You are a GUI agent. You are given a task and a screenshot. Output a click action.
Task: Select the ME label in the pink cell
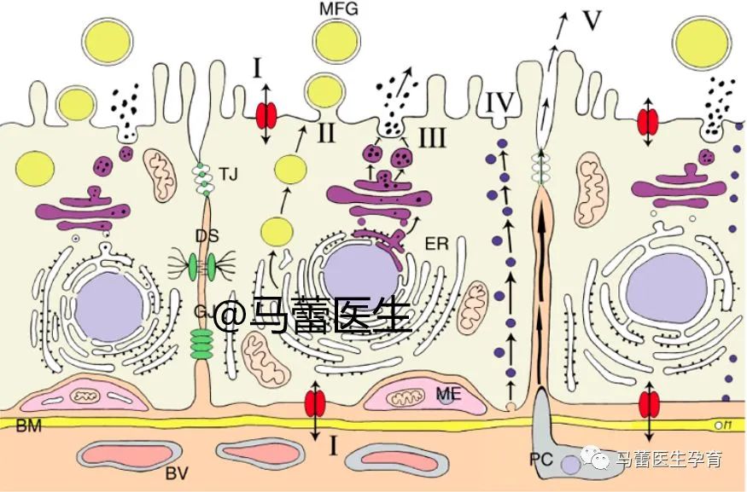[449, 393]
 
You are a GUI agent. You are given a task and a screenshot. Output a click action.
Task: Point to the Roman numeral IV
[499, 104]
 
